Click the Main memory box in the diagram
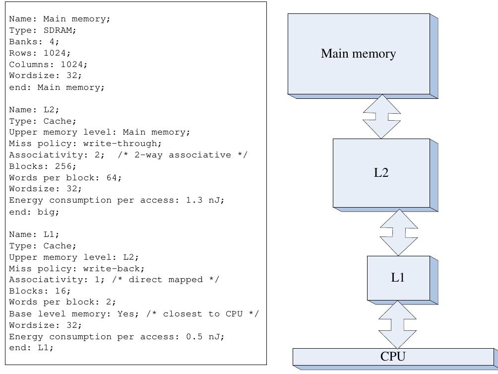[359, 54]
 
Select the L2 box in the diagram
[380, 172]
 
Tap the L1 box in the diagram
[398, 278]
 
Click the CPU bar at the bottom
[393, 356]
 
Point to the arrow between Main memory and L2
[381, 116]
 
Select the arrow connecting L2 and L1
[399, 232]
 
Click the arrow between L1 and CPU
[397, 324]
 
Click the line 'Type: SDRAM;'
[43, 30]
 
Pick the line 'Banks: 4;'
[34, 42]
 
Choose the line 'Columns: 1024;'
[48, 65]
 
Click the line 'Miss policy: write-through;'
[85, 144]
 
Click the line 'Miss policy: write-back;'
[77, 269]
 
